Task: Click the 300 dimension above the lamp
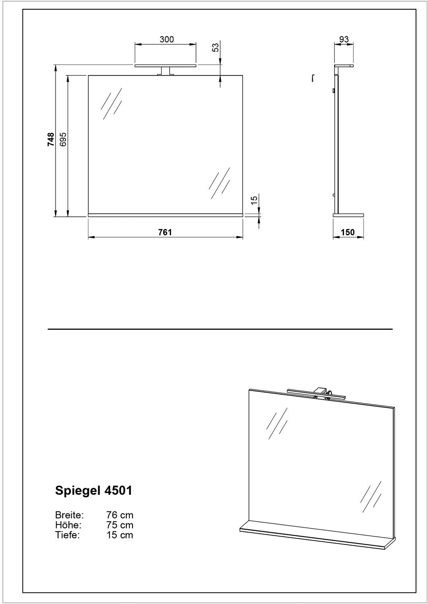167,39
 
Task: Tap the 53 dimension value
216,47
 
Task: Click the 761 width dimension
165,232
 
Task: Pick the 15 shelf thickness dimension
254,201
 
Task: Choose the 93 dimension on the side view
344,39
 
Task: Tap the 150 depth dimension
348,232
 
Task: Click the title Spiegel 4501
93,490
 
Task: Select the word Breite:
69,515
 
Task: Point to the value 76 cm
119,515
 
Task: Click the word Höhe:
68,525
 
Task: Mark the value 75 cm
119,525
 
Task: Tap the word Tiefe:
68,535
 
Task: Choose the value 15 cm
119,535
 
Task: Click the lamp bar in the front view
165,65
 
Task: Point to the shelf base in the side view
348,215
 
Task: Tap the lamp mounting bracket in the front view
165,71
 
